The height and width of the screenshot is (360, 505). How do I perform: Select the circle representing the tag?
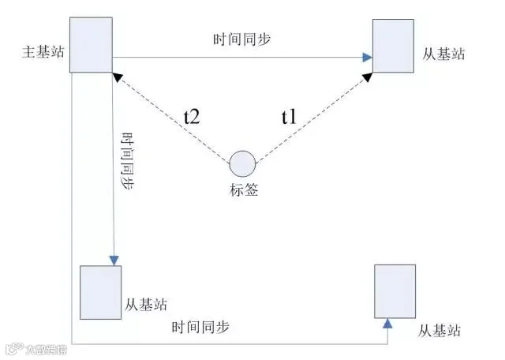[242, 164]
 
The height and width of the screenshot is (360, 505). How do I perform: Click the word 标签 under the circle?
[243, 189]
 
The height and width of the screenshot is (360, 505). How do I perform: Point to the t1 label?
[289, 118]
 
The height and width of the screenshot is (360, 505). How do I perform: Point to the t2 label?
[192, 117]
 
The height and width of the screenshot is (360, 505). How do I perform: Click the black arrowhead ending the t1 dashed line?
[368, 77]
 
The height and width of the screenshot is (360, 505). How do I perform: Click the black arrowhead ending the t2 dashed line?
[117, 77]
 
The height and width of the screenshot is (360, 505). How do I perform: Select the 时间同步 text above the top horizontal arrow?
[241, 39]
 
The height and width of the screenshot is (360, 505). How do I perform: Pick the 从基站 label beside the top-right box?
[443, 55]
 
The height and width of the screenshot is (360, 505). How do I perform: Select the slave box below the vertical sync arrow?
[101, 292]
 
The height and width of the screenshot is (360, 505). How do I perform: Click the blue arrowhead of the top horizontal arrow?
[368, 58]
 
